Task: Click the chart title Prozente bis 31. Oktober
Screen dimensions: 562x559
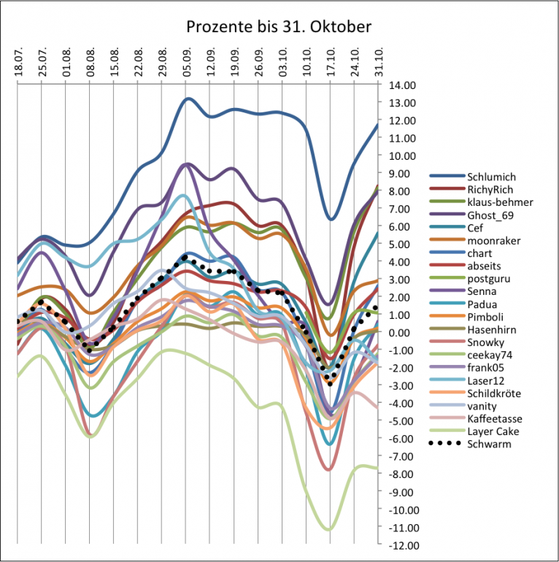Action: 279,28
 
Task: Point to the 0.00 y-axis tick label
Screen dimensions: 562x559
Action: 399,333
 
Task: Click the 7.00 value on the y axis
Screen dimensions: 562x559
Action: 399,209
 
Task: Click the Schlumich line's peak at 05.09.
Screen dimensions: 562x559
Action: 188,98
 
